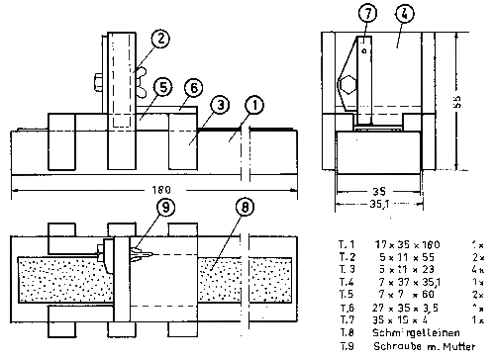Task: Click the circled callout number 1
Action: (253, 102)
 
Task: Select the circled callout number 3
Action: (220, 103)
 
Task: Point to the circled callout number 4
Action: (405, 15)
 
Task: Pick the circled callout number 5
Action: (163, 87)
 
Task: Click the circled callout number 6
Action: (193, 88)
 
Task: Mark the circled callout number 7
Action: (366, 15)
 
